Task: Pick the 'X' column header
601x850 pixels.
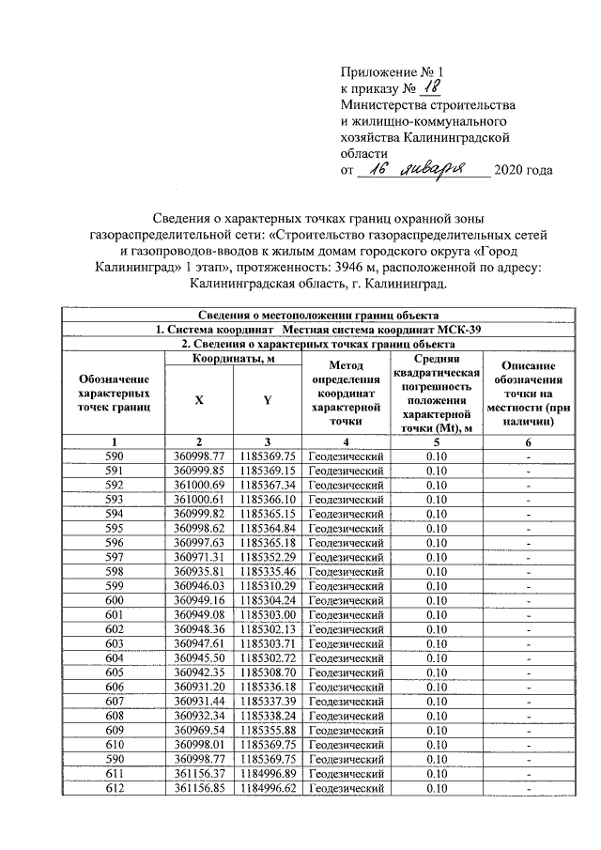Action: [x=199, y=399]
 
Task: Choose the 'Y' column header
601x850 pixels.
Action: [x=267, y=399]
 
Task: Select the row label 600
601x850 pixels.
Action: [x=115, y=600]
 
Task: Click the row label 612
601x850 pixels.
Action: [x=115, y=788]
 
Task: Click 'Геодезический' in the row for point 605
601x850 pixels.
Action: [x=347, y=672]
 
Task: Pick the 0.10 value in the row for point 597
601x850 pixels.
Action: [x=435, y=557]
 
